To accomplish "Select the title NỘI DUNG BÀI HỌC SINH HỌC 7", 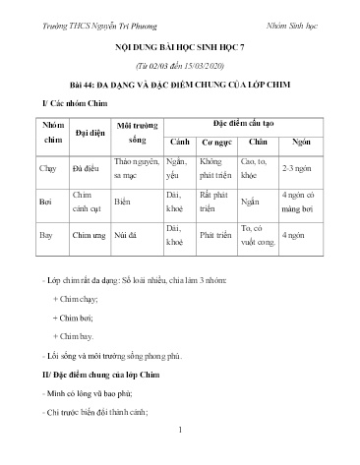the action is coord(179,46).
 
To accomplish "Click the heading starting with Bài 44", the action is coord(179,82).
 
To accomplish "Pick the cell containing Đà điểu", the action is coord(85,168).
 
